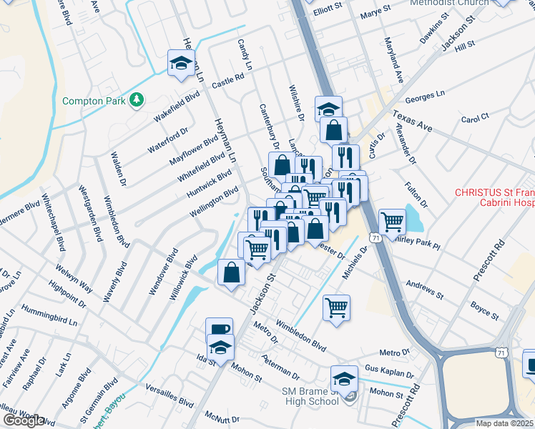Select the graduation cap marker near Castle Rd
pos(182,63)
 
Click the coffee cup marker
pos(219,330)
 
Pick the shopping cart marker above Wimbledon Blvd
pos(336,307)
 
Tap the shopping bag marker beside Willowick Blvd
pos(232,272)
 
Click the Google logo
pos(23,420)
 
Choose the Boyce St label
pos(484,309)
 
